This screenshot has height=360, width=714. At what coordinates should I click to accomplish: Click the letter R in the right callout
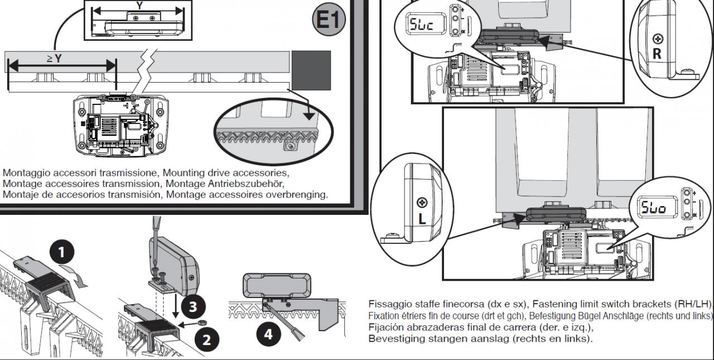[657, 54]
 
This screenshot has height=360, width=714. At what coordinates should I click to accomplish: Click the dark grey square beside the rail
[311, 70]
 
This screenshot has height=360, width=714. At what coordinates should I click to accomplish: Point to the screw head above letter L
[422, 201]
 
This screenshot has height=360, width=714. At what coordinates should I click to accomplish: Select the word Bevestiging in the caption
[397, 339]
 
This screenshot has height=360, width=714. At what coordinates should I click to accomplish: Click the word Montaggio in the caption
[25, 173]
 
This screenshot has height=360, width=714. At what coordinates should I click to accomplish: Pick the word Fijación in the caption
[385, 328]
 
